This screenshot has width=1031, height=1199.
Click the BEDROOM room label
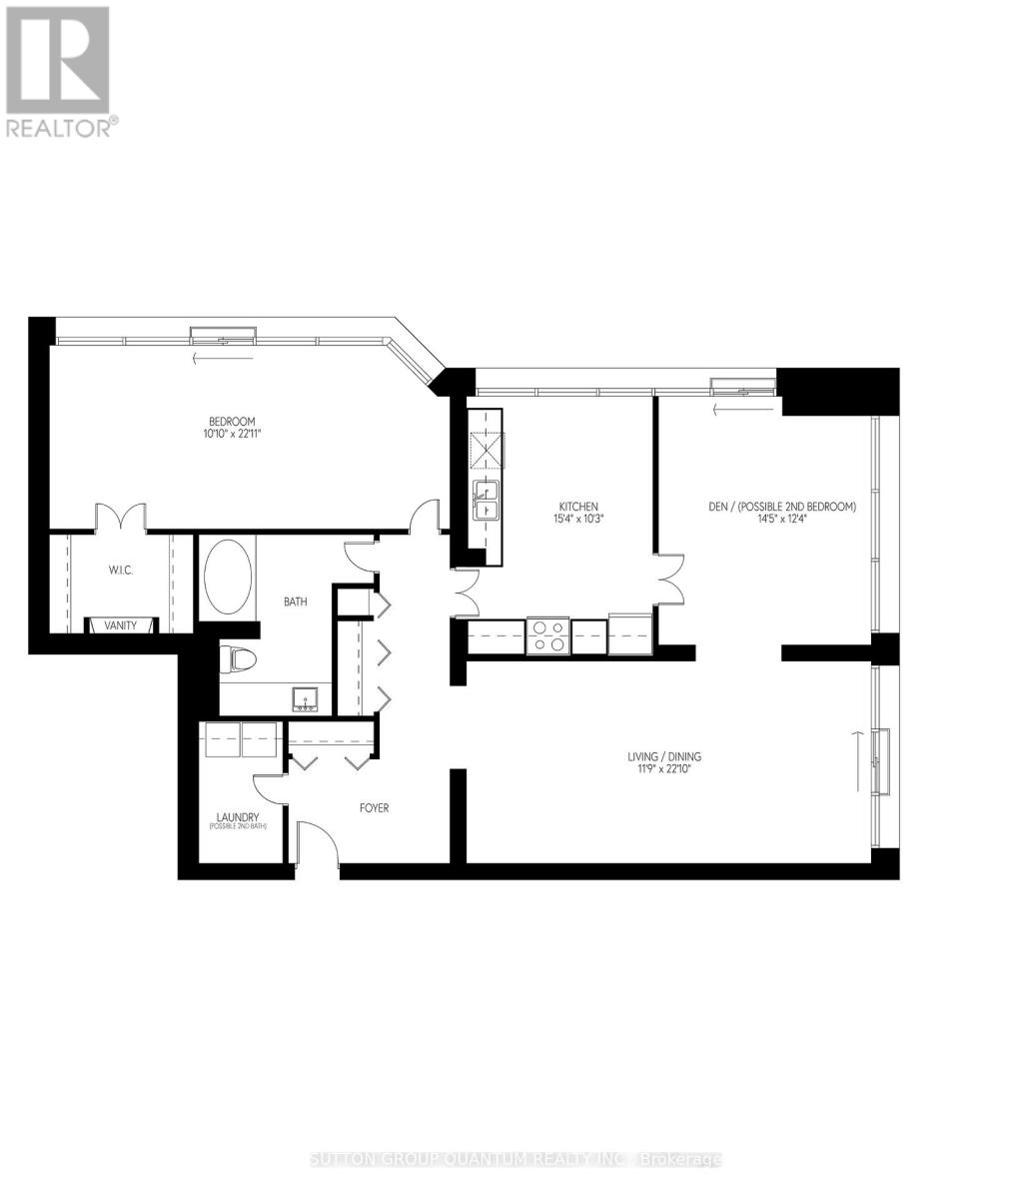click(x=232, y=420)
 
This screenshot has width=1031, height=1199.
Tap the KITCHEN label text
click(x=578, y=506)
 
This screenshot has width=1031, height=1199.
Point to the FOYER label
click(x=375, y=807)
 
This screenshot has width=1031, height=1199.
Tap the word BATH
click(x=295, y=601)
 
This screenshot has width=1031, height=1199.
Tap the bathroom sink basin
click(x=305, y=696)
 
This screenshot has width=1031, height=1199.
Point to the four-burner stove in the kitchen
click(x=547, y=635)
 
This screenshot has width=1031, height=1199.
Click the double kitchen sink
click(x=487, y=500)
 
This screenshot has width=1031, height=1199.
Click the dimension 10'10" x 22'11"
click(x=232, y=433)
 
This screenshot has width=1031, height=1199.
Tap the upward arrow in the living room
click(x=856, y=759)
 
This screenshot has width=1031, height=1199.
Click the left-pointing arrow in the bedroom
click(x=222, y=357)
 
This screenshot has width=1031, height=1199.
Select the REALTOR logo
click(x=60, y=70)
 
